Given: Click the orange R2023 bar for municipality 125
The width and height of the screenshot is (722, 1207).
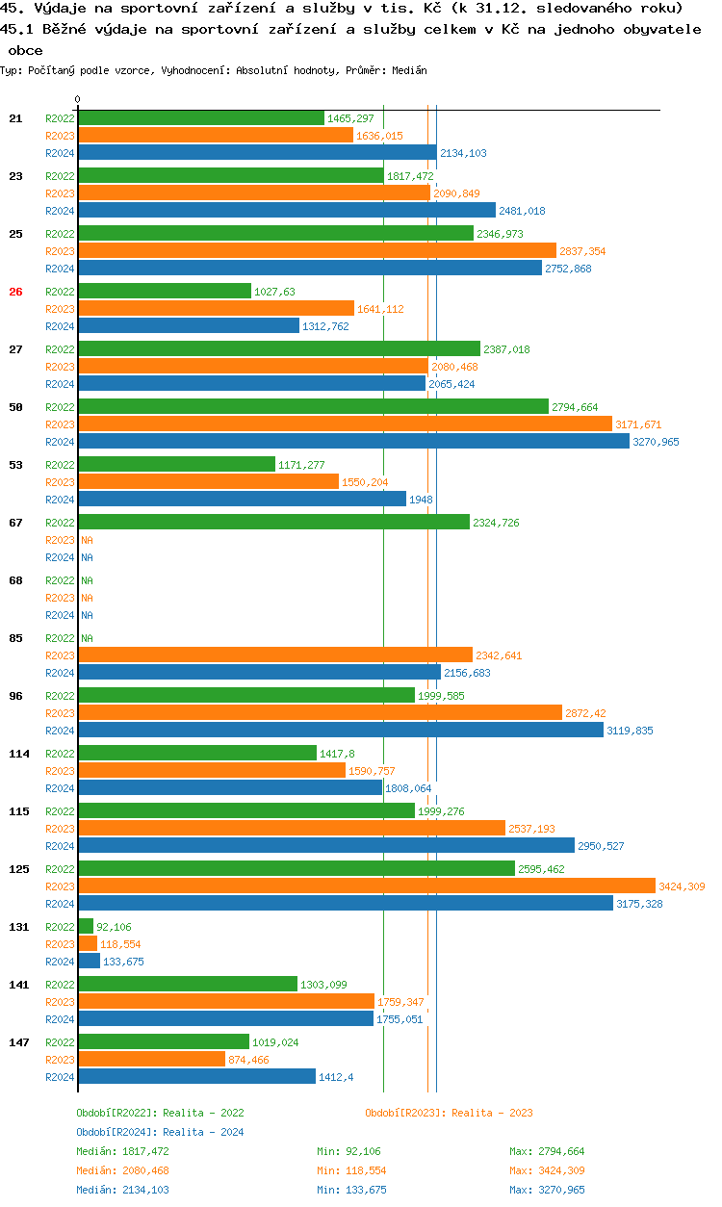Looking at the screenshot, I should click(366, 886).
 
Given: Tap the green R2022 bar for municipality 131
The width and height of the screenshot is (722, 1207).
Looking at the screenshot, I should click(86, 927).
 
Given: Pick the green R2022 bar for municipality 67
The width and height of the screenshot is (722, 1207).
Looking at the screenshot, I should click(273, 523).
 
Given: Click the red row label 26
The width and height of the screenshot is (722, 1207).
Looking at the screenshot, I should click(15, 292).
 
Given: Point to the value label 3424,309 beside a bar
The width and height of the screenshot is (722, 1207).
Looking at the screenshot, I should click(682, 886).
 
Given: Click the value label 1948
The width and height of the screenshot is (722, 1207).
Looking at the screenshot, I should click(421, 500).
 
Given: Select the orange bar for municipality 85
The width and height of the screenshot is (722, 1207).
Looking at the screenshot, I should click(275, 655).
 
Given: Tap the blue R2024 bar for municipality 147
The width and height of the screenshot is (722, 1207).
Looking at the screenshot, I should click(196, 1077).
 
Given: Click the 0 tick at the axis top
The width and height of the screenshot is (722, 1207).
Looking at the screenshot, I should click(78, 99).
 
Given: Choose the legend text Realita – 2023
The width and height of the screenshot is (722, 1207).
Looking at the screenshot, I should click(492, 1113).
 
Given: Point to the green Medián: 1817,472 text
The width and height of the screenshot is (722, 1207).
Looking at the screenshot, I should click(122, 1151).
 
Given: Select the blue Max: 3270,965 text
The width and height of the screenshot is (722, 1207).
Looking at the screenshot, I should click(547, 1190).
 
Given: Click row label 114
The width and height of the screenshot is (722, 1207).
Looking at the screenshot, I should click(19, 754).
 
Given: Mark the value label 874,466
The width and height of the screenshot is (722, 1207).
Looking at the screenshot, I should click(248, 1060).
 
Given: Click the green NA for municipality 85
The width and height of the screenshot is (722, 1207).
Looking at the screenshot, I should click(87, 638).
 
